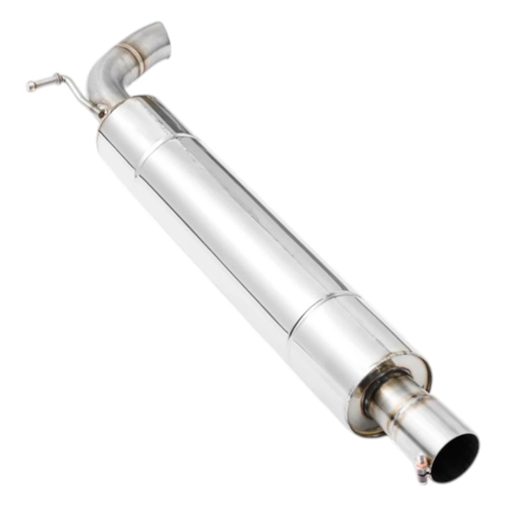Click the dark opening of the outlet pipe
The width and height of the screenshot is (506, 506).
coord(455,458)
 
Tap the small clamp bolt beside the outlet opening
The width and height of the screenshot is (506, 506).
coord(423,466)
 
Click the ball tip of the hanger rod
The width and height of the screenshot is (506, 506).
coord(31,85)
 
